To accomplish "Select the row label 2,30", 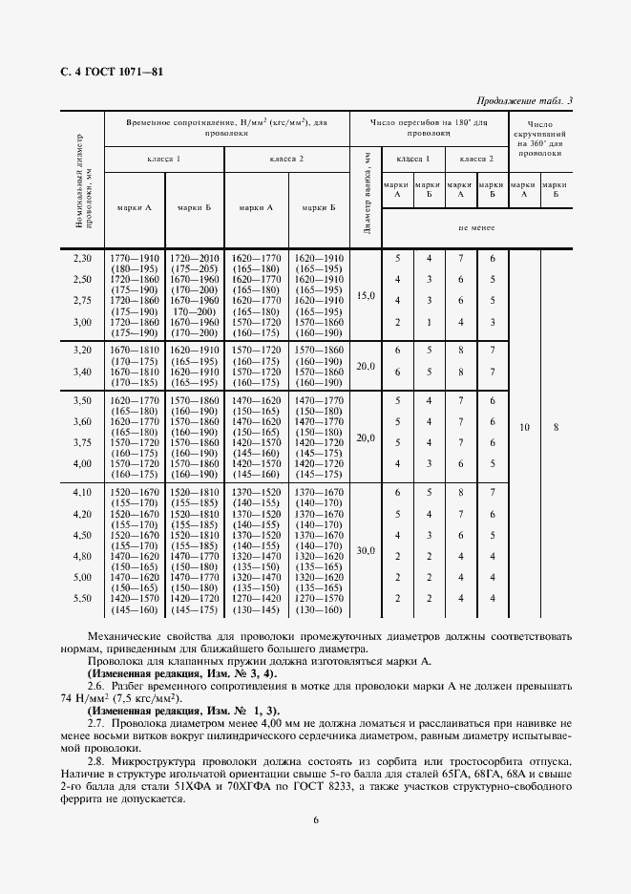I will click(x=82, y=258).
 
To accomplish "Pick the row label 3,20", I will click(x=82, y=351).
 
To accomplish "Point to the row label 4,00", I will click(x=82, y=463).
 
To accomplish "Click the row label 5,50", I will click(x=82, y=598).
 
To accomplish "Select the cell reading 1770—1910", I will click(x=135, y=258).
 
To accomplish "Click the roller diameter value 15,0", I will click(x=366, y=296).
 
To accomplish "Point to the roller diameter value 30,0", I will click(x=366, y=550).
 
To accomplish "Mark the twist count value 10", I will click(x=524, y=428).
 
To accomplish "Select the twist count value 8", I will click(x=555, y=428).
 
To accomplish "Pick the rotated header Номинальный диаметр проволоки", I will click(x=82, y=181).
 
